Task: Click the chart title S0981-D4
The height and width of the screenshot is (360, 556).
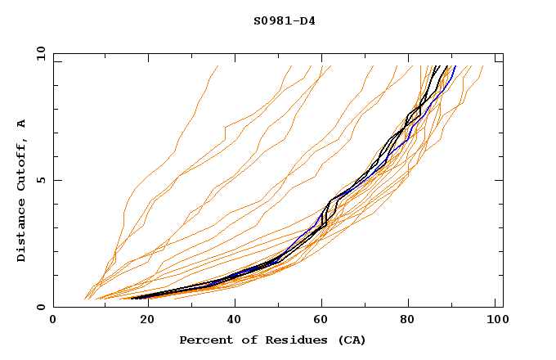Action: click(284, 20)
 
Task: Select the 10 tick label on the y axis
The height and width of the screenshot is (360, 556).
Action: click(39, 53)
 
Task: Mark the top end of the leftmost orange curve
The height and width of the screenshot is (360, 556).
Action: click(218, 66)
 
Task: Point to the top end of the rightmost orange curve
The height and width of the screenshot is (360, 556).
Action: click(483, 66)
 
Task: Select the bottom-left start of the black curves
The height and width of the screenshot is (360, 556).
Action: click(132, 298)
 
